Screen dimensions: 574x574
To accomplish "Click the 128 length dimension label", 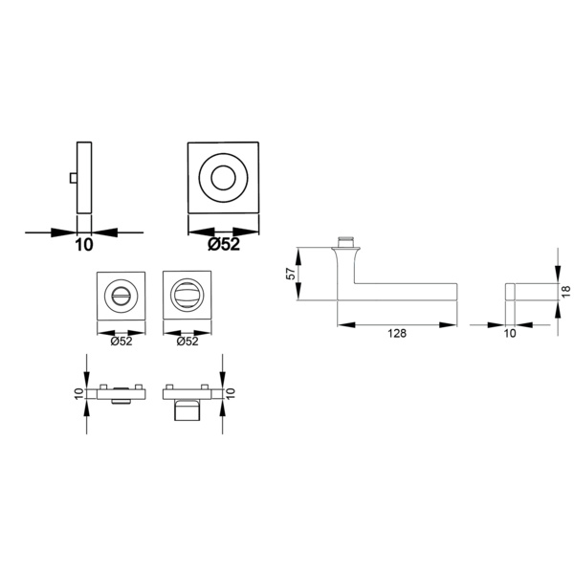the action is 397,334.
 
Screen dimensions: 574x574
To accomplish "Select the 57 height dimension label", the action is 291,274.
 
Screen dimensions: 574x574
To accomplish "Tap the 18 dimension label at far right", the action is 566,291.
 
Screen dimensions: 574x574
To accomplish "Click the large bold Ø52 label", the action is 224,244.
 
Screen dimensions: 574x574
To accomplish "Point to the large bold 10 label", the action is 84,245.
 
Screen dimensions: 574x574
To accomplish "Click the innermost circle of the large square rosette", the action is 223,178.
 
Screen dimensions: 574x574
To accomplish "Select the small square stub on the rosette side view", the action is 74,178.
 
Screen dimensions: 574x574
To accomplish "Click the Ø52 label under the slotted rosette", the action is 121,342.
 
